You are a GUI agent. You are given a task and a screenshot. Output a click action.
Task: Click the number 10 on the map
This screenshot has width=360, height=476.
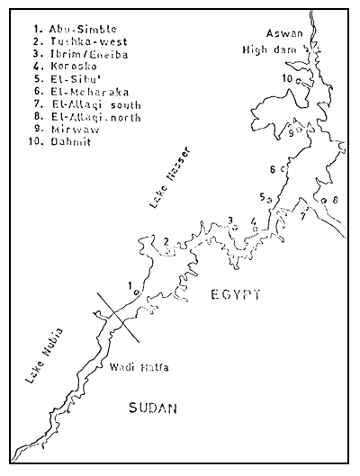(285, 79)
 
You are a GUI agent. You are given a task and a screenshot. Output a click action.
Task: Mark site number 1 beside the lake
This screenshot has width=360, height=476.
(130, 286)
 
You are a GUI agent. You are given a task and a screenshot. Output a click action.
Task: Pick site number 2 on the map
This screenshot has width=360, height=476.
(166, 240)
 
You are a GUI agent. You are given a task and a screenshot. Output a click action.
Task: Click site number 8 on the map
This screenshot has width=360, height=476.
(335, 199)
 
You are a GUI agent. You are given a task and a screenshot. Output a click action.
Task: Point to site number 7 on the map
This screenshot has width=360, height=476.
(304, 216)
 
